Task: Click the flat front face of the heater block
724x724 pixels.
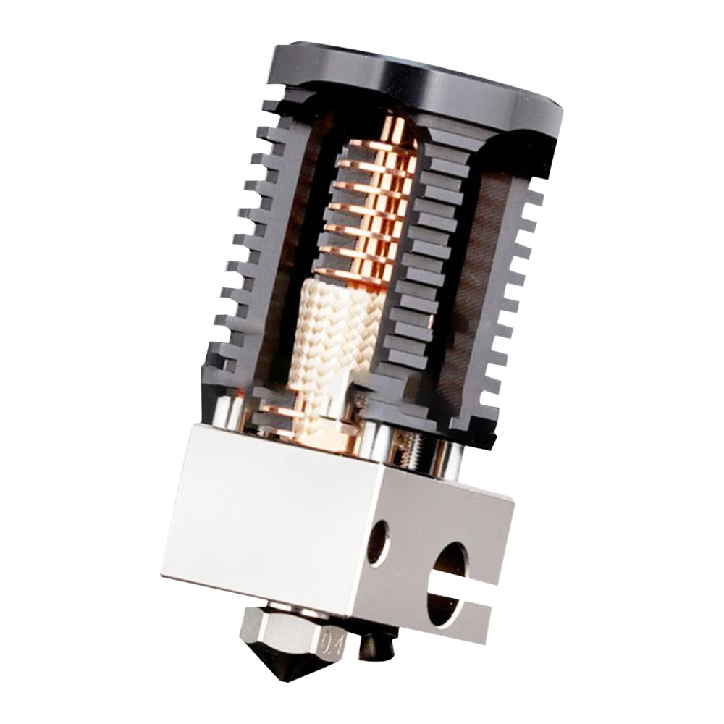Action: pyautogui.click(x=268, y=521)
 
